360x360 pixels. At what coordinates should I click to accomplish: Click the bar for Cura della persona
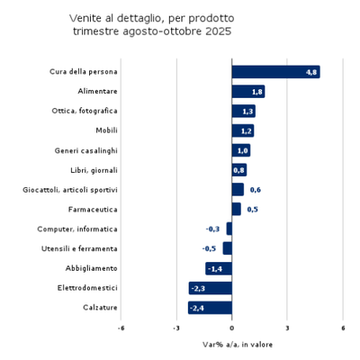pos(275,72)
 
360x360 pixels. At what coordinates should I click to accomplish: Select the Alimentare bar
pos(247,92)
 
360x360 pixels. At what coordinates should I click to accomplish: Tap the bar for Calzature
pos(210,308)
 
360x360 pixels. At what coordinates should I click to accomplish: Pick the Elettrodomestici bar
pos(211,288)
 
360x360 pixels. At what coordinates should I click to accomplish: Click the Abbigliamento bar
pos(219,268)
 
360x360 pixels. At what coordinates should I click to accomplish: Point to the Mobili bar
pos(242,130)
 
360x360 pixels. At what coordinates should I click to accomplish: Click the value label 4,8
pos(311,72)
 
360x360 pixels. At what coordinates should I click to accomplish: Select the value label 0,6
pos(255,190)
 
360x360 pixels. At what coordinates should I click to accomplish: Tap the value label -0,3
pos(213,229)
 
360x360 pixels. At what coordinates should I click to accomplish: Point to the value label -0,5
pos(209,248)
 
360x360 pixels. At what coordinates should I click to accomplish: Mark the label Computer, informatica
pos(77,229)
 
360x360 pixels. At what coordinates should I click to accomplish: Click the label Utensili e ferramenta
pos(80,248)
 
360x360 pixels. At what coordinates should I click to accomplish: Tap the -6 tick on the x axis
pos(121,328)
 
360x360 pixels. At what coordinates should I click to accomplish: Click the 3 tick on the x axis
pos(287,328)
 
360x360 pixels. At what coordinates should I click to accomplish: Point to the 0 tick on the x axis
pos(232,328)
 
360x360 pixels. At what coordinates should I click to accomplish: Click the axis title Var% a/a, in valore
pos(232,345)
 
